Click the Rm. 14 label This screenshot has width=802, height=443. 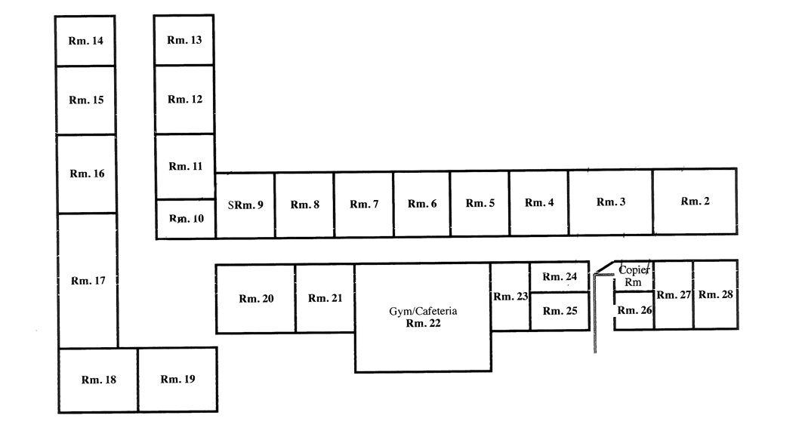pyautogui.click(x=86, y=41)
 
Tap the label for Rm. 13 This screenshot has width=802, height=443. pyautogui.click(x=184, y=39)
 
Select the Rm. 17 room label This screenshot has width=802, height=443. pyautogui.click(x=88, y=281)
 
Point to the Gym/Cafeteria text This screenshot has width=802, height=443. pyautogui.click(x=423, y=311)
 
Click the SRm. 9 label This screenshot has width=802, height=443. pyautogui.click(x=245, y=205)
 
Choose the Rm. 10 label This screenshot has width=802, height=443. pyautogui.click(x=186, y=219)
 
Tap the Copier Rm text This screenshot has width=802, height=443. pyautogui.click(x=632, y=275)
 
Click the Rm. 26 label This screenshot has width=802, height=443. pyautogui.click(x=634, y=309)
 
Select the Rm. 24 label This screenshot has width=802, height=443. pyautogui.click(x=560, y=276)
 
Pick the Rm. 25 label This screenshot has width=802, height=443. pyautogui.click(x=560, y=311)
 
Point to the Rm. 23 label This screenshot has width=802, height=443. pyautogui.click(x=511, y=297)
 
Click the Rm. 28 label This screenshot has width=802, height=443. pyautogui.click(x=715, y=294)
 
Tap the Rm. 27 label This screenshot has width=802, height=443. pyautogui.click(x=674, y=294)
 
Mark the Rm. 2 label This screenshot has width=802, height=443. pyautogui.click(x=696, y=201)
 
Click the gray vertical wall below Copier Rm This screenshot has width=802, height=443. pyautogui.click(x=595, y=317)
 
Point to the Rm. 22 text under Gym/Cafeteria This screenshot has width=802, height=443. pyautogui.click(x=423, y=324)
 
